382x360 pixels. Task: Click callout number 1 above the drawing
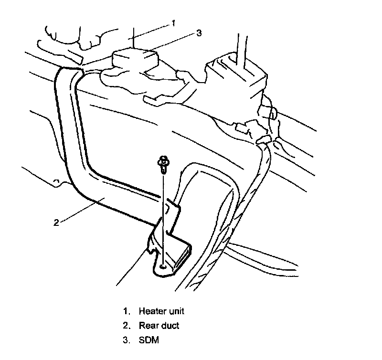[174, 22]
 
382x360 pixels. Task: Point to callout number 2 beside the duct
[56, 222]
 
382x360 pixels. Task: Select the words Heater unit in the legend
[161, 311]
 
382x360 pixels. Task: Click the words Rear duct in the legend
[159, 326]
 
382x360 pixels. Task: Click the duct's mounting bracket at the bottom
[170, 253]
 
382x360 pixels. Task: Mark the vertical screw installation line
[164, 215]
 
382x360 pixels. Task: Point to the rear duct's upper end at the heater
[67, 76]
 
